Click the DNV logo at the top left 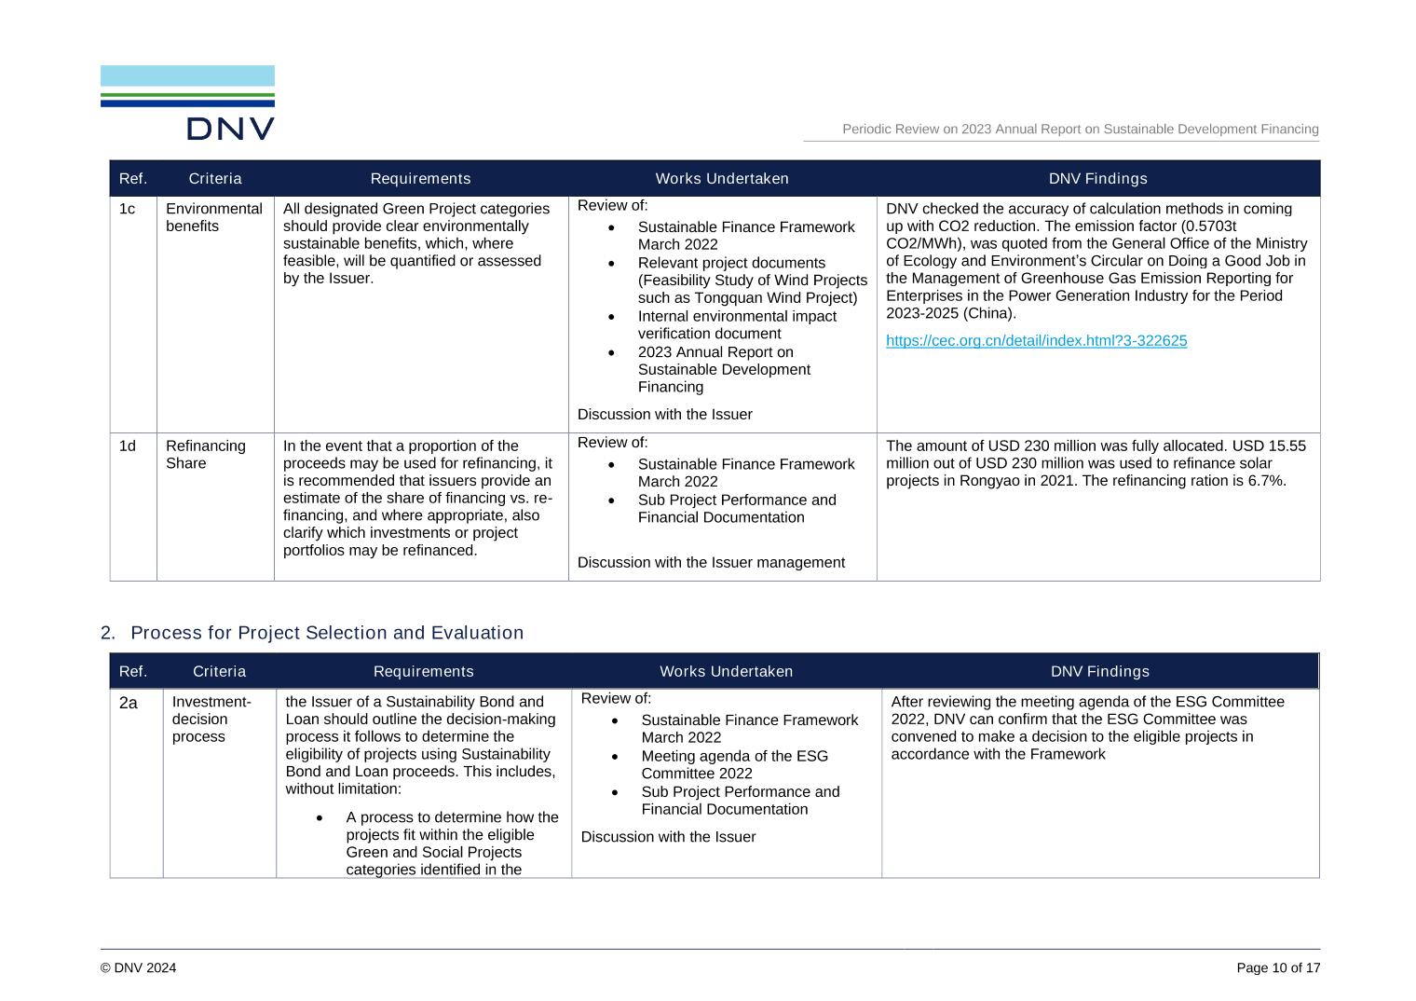click(x=187, y=103)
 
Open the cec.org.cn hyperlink click(x=1036, y=341)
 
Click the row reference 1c click(x=127, y=209)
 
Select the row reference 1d click(x=127, y=446)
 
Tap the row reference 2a click(x=129, y=703)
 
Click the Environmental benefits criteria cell click(x=213, y=217)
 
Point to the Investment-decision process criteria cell click(x=211, y=720)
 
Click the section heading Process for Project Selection click(x=326, y=633)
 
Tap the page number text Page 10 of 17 click(x=1278, y=968)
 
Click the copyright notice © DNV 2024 click(x=138, y=968)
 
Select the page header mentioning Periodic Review click(x=1080, y=130)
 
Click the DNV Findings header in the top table click(x=1097, y=179)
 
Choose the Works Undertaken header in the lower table click(x=726, y=672)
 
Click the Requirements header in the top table click(x=420, y=179)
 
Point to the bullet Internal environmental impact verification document click(x=736, y=325)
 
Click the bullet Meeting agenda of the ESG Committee click(x=734, y=765)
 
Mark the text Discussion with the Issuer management click(x=711, y=563)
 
